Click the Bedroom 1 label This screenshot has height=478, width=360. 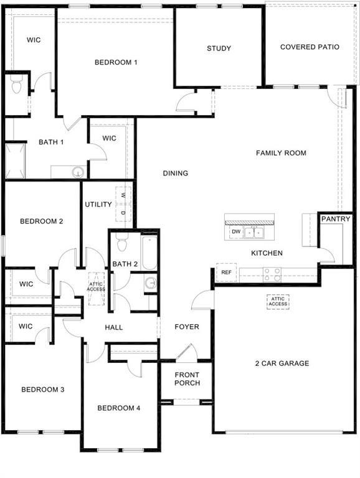click(116, 62)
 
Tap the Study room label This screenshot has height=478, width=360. click(219, 49)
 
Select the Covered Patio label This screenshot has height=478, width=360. click(310, 47)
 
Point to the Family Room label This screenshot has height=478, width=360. click(281, 153)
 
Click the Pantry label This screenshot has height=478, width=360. click(336, 219)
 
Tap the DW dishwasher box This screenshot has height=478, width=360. click(235, 232)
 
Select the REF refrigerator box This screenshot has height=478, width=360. click(226, 273)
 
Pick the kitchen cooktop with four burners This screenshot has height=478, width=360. click(272, 273)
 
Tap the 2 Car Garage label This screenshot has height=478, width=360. click(282, 363)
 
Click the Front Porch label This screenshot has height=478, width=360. click(187, 379)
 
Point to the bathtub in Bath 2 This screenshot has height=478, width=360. click(149, 254)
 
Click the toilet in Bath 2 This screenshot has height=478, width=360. click(122, 240)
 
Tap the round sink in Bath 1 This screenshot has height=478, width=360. click(77, 172)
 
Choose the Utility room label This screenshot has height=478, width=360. click(98, 205)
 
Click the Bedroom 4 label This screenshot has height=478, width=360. click(118, 408)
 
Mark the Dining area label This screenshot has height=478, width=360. click(176, 174)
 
